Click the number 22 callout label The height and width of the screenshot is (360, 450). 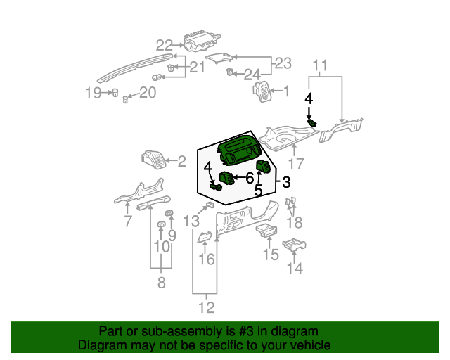[165, 46]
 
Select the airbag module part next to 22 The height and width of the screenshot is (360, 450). [202, 41]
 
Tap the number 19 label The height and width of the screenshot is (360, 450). [94, 93]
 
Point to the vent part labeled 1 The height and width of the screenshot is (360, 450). [262, 91]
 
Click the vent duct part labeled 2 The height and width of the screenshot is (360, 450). [154, 160]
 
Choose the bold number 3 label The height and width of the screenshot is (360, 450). [286, 182]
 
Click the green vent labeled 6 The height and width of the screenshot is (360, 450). [226, 178]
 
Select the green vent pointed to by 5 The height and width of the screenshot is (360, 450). [263, 167]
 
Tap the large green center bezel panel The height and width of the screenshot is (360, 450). [239, 150]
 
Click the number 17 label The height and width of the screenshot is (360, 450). [295, 164]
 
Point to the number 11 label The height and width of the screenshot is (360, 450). [320, 65]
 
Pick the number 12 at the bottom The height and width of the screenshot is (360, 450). [206, 308]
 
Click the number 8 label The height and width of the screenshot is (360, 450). [162, 283]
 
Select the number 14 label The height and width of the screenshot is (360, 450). [295, 269]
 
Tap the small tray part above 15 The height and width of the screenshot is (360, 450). [266, 231]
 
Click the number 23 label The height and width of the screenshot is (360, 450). [283, 63]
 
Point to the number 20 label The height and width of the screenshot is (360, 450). [148, 92]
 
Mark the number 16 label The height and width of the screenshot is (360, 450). [207, 259]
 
